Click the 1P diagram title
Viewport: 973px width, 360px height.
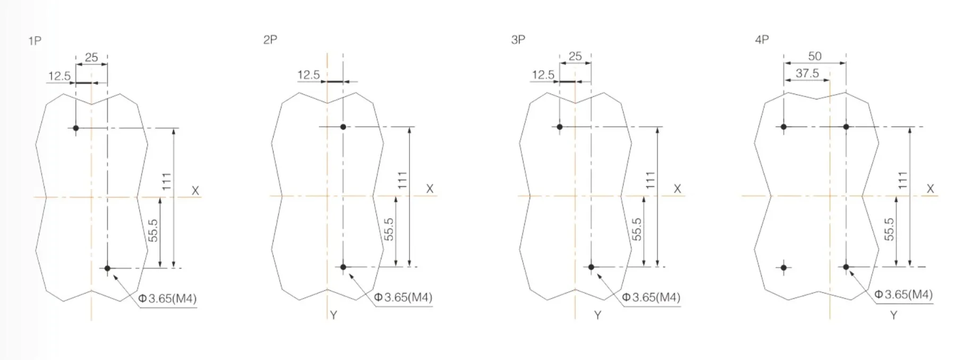tap(35, 41)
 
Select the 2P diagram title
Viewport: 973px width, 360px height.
tap(270, 40)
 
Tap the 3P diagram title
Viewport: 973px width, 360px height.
tap(518, 40)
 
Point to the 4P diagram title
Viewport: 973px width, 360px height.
tap(762, 40)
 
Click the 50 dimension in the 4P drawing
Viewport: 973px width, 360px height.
tap(815, 56)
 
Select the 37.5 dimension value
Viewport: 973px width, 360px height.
tap(807, 73)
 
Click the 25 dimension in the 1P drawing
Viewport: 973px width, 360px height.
tap(91, 57)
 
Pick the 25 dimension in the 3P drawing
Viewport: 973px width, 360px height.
tap(575, 56)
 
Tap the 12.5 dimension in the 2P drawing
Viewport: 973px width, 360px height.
tap(309, 75)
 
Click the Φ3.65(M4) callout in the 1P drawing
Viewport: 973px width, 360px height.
tap(167, 298)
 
